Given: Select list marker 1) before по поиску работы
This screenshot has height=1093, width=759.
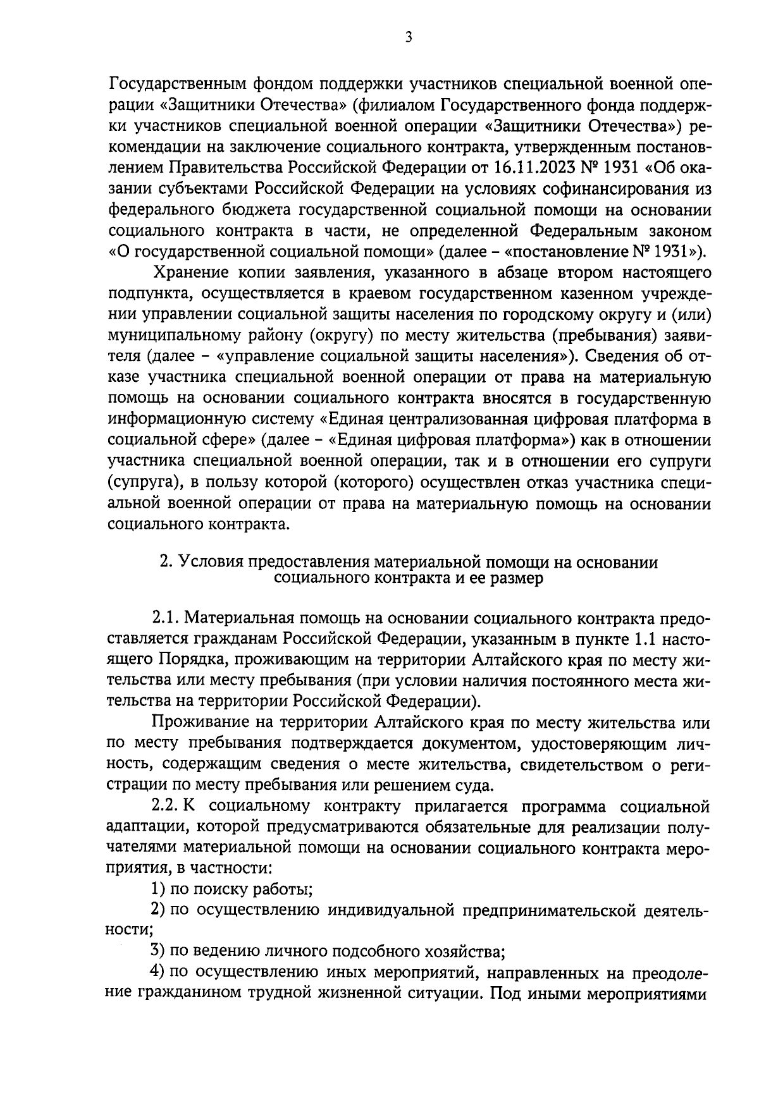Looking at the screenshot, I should [x=159, y=889].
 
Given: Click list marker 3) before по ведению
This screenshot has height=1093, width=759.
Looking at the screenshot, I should [x=159, y=950].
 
